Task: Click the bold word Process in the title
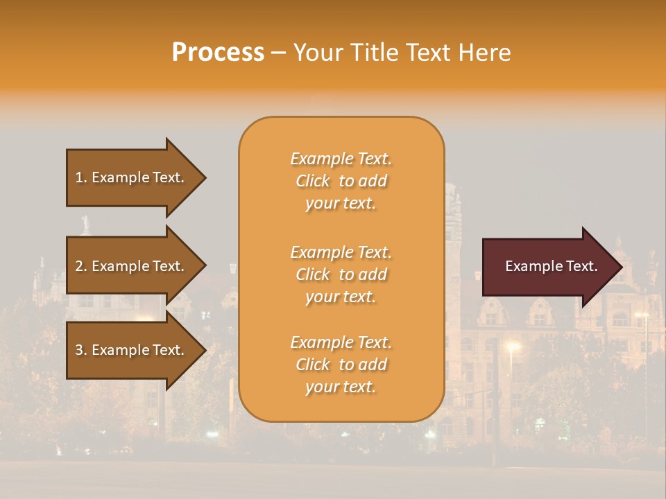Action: click(218, 53)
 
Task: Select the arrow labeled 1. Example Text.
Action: click(132, 177)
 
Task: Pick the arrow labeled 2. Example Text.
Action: click(132, 266)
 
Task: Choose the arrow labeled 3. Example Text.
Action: click(132, 350)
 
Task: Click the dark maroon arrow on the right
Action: click(548, 267)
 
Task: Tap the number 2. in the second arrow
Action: click(80, 266)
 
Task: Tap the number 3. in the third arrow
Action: click(80, 350)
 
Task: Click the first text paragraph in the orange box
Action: click(341, 181)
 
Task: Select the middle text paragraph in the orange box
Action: click(341, 274)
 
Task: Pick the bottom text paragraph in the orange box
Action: click(341, 365)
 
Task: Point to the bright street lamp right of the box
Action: click(513, 345)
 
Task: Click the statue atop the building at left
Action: click(86, 224)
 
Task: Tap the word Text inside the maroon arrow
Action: click(581, 266)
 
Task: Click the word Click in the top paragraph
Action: click(313, 181)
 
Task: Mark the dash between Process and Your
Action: click(278, 53)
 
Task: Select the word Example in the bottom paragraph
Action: click(321, 343)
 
